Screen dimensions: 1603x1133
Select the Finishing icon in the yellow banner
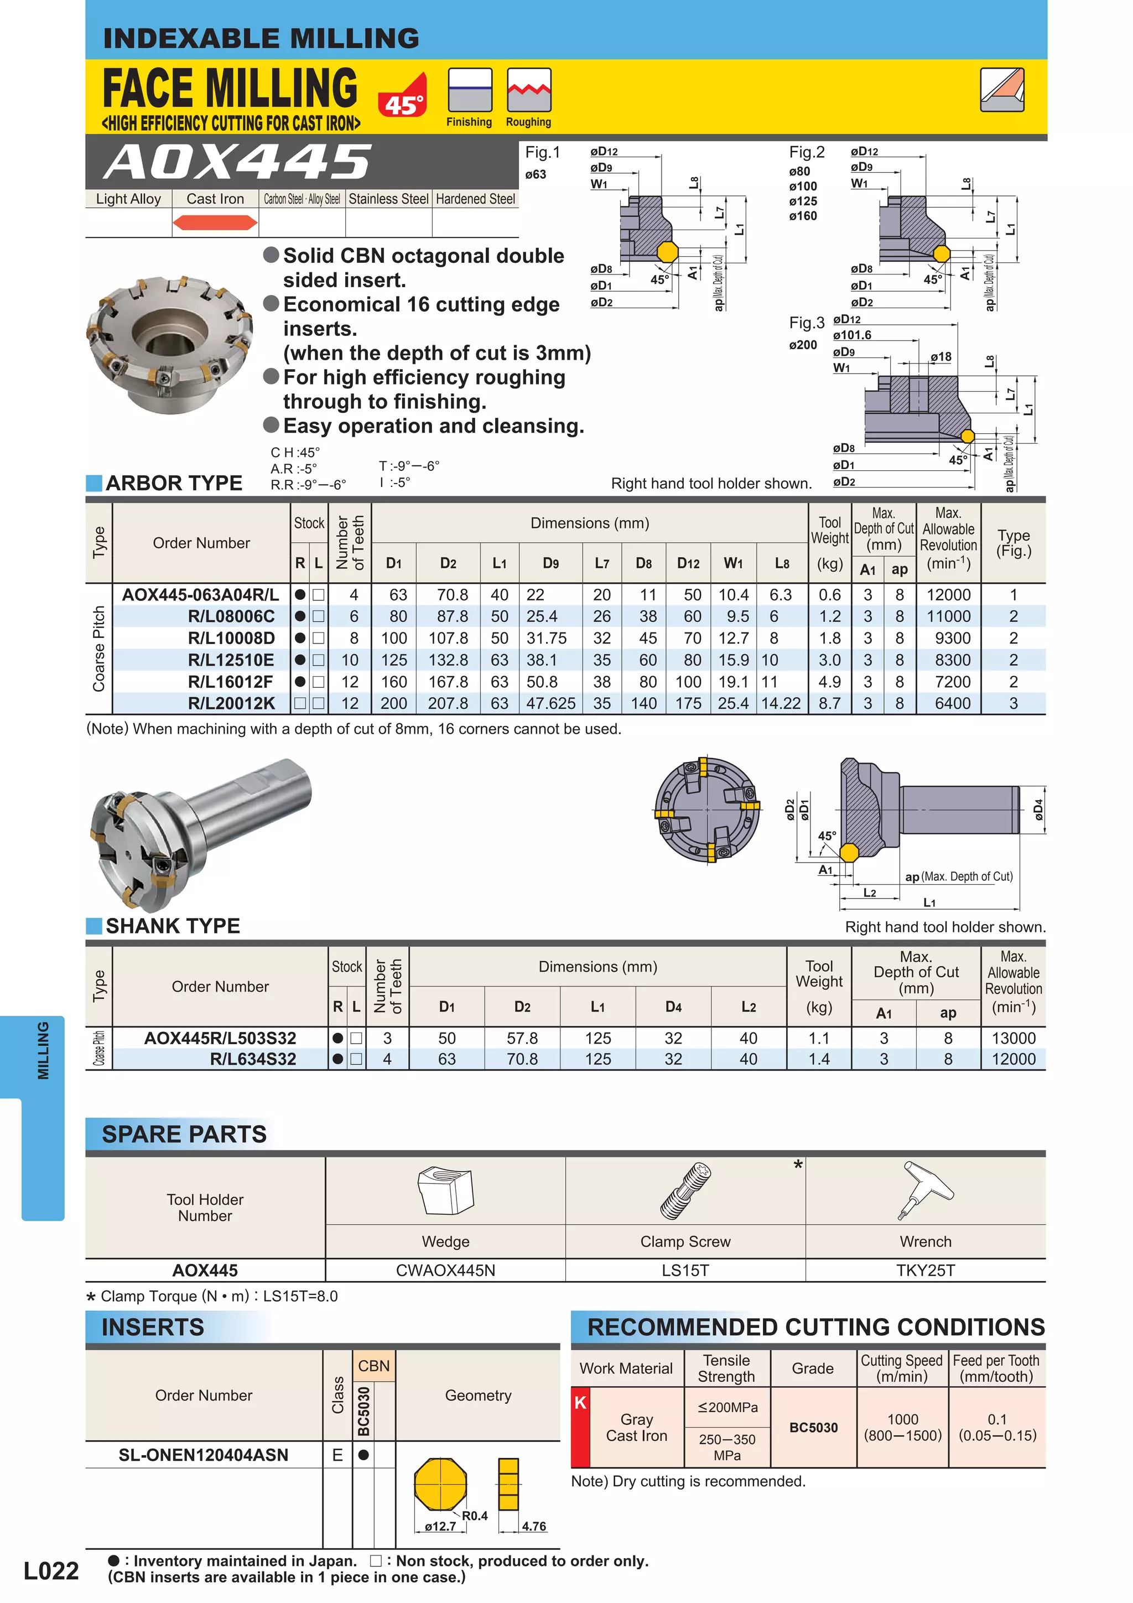pos(470,90)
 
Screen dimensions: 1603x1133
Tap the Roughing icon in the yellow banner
pos(528,90)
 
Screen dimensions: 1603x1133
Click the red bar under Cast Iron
pos(215,223)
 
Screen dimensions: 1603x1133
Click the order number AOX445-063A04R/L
pos(200,595)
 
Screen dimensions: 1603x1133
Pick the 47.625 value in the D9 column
pos(551,704)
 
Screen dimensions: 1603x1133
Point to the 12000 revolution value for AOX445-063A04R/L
pos(948,595)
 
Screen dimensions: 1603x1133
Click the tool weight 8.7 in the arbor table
pos(829,704)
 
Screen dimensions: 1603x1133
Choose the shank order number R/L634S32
pos(253,1059)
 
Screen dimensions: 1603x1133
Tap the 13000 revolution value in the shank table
pos(1013,1038)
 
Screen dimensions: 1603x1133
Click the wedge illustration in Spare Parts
pos(445,1191)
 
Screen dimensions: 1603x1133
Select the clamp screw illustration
pos(685,1191)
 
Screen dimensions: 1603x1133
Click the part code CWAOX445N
pos(445,1270)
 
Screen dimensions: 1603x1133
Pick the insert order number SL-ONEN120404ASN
pos(203,1455)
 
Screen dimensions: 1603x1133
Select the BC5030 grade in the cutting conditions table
pos(813,1428)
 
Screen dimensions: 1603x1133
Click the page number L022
pos(51,1571)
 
